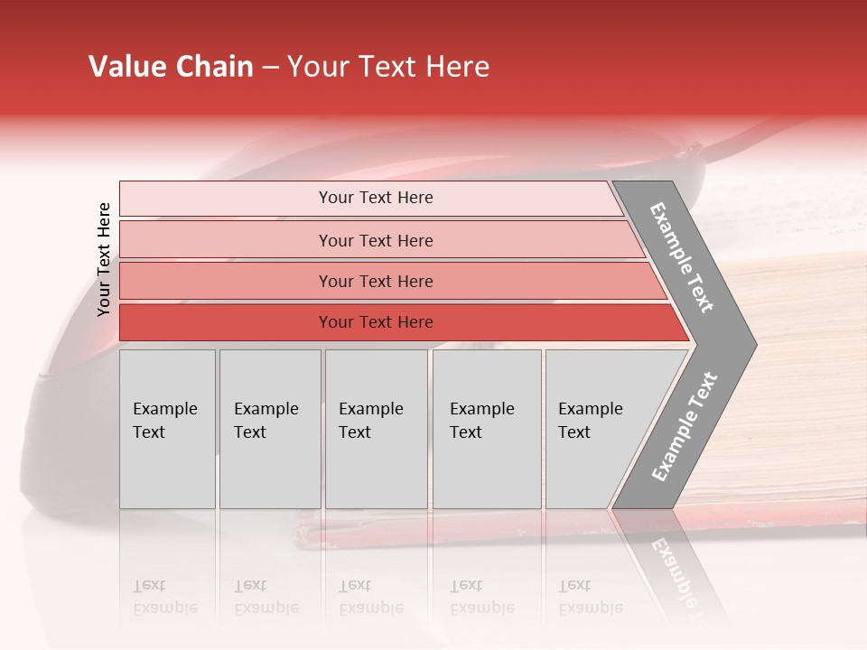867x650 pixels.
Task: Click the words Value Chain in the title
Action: coord(171,67)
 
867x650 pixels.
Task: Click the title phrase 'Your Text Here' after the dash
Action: coord(388,67)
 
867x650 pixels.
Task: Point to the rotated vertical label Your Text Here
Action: coord(104,259)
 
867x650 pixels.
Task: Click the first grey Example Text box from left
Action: coord(167,429)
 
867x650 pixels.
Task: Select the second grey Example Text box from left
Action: coord(269,429)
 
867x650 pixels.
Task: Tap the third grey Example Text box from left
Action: coord(376,429)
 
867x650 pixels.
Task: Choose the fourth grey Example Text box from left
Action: coord(486,429)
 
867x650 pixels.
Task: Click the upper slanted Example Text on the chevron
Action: coord(682,257)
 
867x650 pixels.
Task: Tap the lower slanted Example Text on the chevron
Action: coord(685,426)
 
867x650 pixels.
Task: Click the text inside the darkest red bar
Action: coord(376,322)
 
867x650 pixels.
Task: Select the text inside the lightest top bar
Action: coord(376,198)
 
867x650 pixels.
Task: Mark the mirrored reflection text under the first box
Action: coord(164,598)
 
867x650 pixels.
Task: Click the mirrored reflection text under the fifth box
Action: coord(590,598)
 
